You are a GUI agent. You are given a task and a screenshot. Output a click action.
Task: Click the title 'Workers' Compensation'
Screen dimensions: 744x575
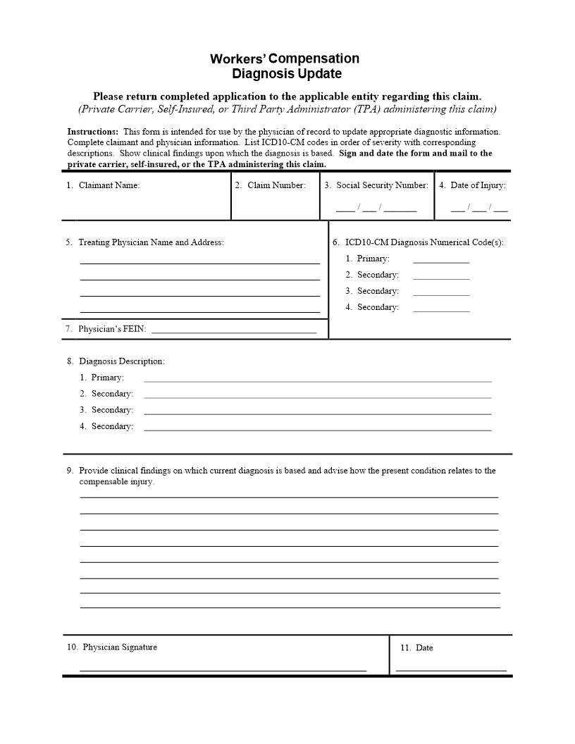[285, 58]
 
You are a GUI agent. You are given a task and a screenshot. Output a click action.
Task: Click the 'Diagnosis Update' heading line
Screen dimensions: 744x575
[287, 74]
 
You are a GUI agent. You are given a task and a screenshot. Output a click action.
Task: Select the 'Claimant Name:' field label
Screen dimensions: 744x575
[109, 185]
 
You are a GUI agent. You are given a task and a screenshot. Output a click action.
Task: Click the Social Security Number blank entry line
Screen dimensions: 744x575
[376, 209]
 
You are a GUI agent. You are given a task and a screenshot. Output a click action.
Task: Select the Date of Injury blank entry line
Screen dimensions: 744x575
[479, 209]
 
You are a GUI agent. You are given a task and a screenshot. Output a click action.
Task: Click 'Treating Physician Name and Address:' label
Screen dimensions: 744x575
[150, 242]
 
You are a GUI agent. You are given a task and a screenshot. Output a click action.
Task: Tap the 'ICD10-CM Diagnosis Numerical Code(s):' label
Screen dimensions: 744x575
[423, 242]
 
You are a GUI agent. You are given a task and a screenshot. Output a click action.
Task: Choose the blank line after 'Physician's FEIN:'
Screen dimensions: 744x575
[234, 331]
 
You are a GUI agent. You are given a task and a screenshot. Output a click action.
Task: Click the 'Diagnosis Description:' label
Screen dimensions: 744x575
[121, 361]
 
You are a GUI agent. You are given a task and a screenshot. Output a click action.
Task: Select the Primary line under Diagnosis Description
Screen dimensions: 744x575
[317, 380]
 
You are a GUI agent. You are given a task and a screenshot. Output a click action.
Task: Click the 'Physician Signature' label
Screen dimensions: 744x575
[119, 647]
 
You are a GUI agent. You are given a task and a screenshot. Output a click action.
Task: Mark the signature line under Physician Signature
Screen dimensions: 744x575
[223, 669]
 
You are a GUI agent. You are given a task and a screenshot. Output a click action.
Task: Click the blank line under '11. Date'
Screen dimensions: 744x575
[451, 669]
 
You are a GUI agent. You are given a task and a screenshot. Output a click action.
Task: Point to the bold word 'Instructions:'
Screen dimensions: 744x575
[92, 132]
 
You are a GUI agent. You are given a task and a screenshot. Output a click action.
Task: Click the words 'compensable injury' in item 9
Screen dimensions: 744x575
[116, 482]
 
